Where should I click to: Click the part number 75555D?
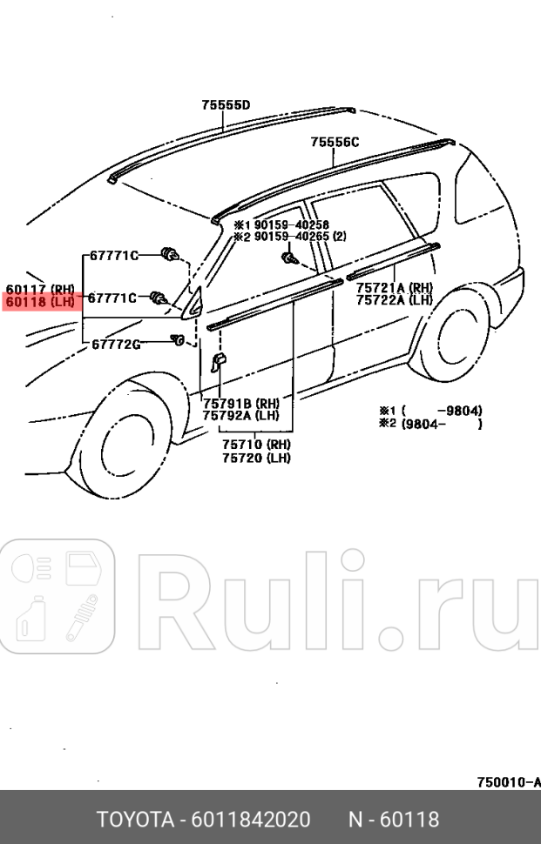click(226, 105)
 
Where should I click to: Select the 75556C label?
click(335, 143)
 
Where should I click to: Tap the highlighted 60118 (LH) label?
click(40, 302)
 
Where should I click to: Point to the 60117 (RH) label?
click(40, 289)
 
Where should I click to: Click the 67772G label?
click(116, 344)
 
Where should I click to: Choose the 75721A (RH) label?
click(394, 287)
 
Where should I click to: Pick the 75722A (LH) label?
click(394, 300)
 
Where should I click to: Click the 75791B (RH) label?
click(240, 403)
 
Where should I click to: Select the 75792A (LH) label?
click(240, 415)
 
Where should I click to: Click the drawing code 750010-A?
click(508, 782)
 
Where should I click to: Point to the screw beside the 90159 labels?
click(289, 258)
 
